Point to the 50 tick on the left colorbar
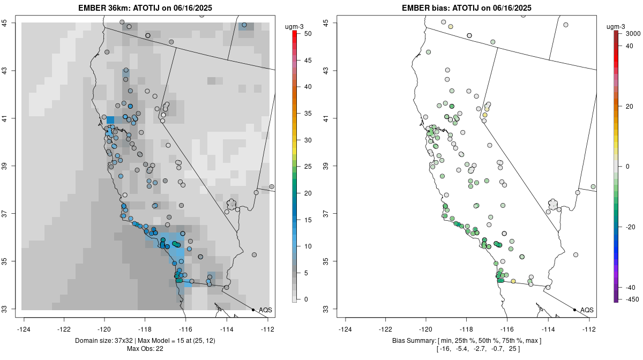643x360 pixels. click(x=304, y=34)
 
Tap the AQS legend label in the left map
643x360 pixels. click(x=265, y=310)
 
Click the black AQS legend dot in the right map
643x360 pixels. click(x=574, y=310)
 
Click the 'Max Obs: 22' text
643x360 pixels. click(x=145, y=349)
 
